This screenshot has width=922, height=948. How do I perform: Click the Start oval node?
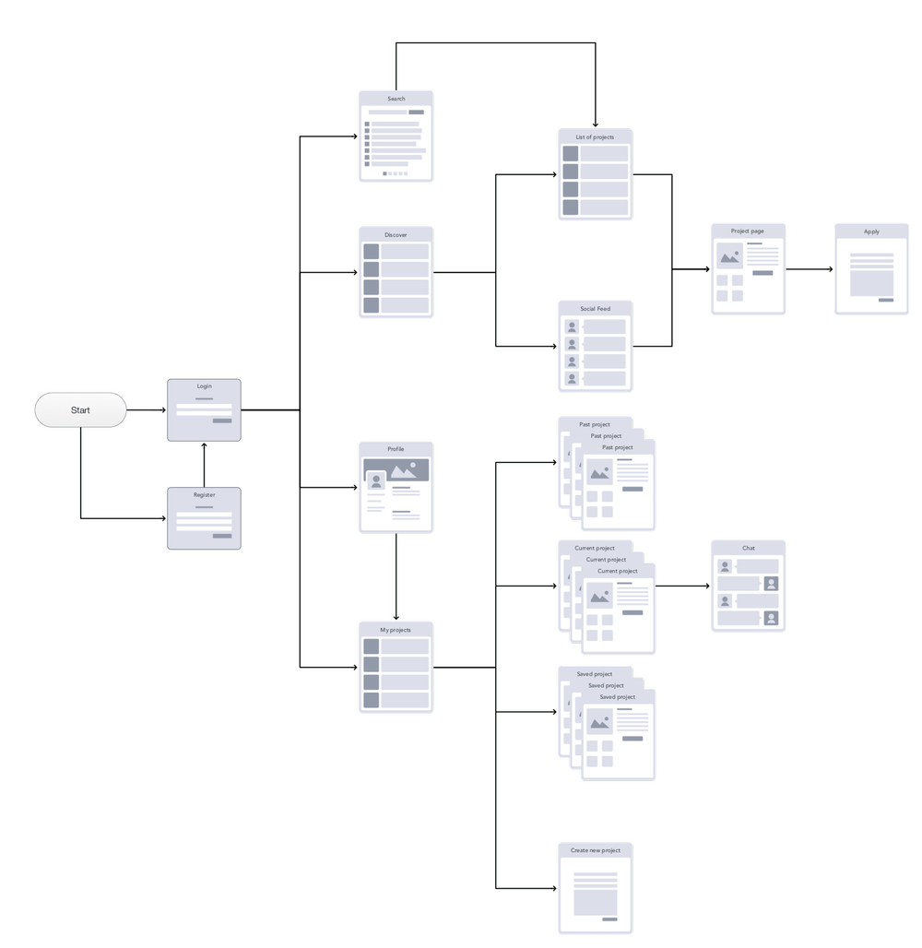click(80, 410)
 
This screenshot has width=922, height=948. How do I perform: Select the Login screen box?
click(204, 409)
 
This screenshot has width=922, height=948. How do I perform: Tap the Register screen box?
click(204, 518)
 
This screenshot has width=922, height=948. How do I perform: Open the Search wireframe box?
click(396, 136)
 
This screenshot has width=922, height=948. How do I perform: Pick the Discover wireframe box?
click(396, 273)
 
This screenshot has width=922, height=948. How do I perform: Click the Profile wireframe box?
click(396, 487)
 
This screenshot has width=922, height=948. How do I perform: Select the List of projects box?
click(595, 174)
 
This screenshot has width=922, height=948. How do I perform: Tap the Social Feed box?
click(595, 346)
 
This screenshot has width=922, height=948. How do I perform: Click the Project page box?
click(748, 269)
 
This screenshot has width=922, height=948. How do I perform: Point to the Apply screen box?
click(871, 269)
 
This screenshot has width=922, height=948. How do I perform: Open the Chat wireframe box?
click(748, 586)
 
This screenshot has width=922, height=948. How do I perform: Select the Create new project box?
click(595, 888)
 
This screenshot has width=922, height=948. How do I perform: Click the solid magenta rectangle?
click(463, 576)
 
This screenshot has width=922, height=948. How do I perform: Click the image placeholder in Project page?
click(729, 256)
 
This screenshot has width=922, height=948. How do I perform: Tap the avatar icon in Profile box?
click(375, 482)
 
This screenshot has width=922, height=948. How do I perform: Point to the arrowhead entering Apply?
click(830, 270)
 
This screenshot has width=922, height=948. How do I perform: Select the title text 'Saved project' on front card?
click(618, 697)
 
